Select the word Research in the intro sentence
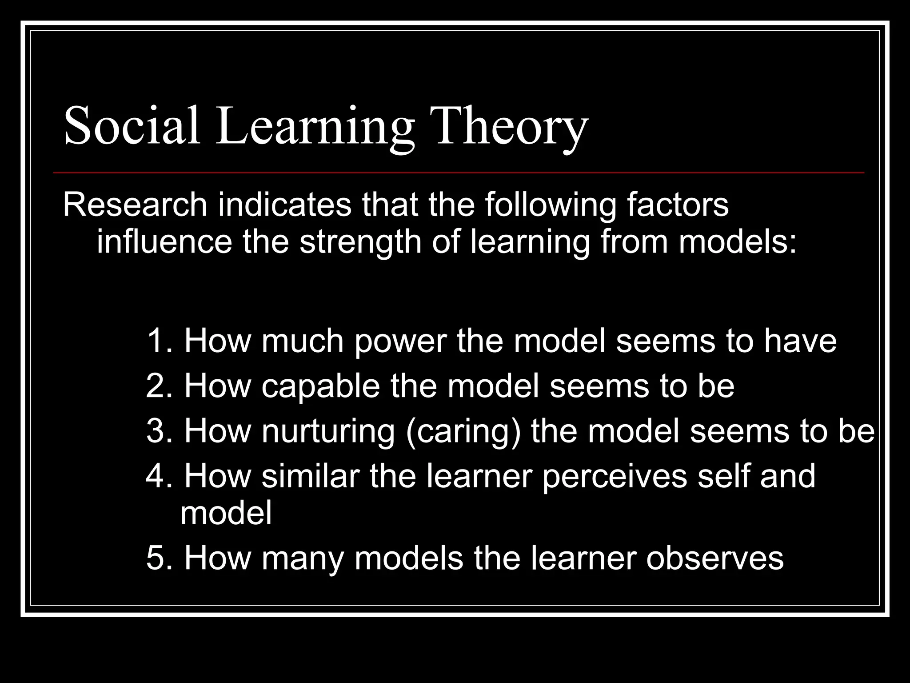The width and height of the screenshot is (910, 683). click(x=135, y=205)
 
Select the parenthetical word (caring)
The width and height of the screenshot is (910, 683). click(x=463, y=432)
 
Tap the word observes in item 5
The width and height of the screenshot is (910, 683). click(x=714, y=558)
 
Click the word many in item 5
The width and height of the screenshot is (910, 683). click(x=303, y=559)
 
